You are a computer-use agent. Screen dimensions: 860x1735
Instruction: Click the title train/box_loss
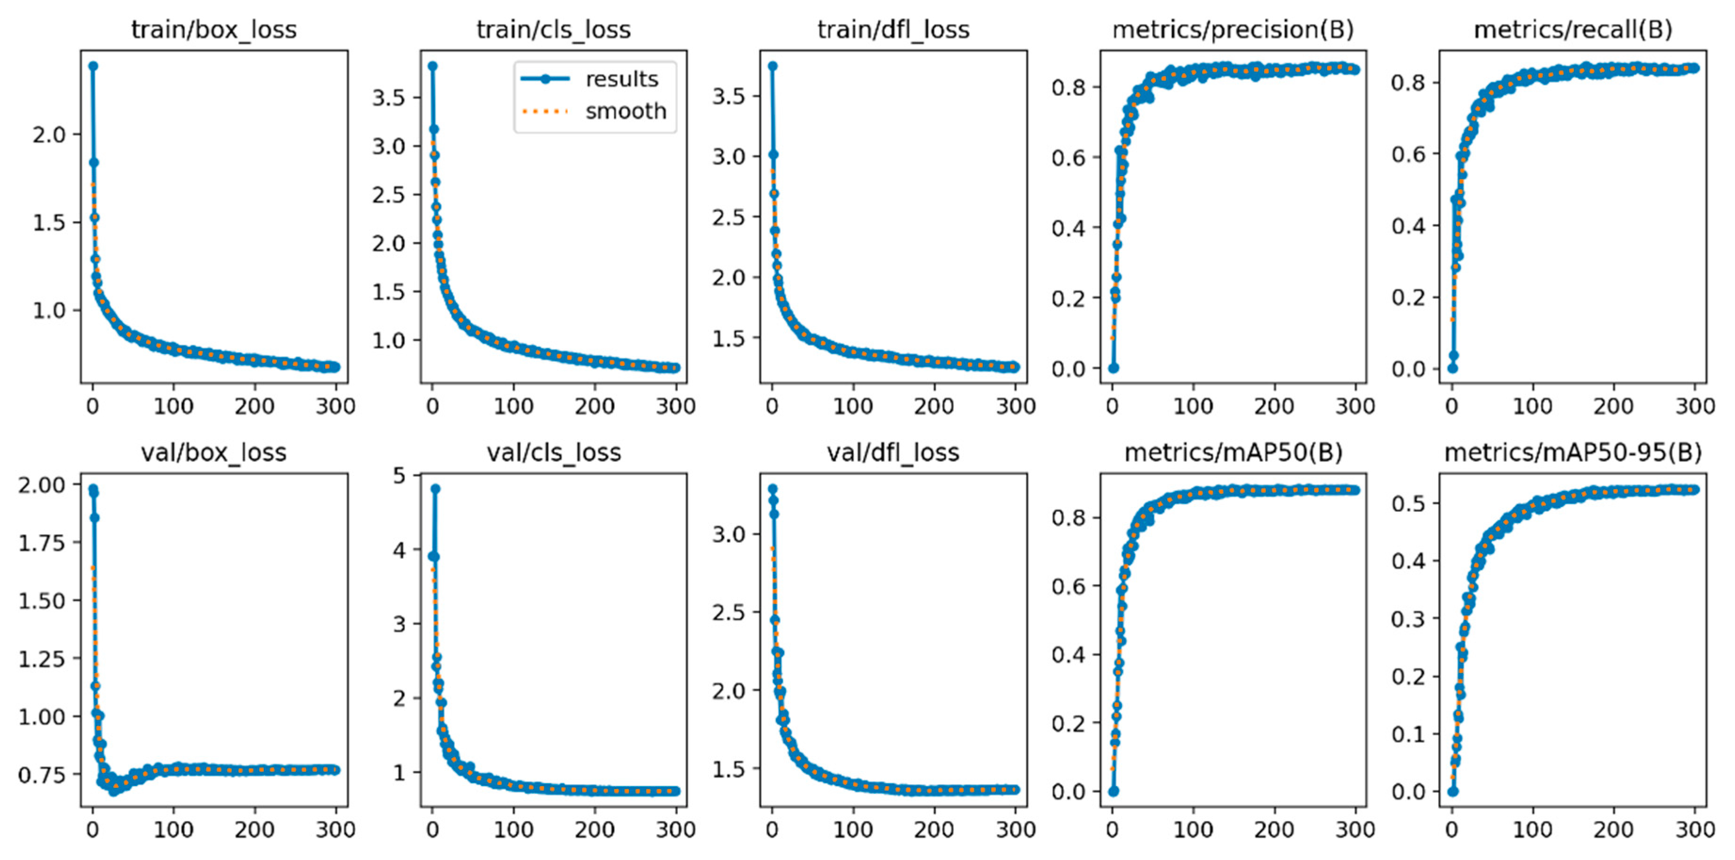[214, 30]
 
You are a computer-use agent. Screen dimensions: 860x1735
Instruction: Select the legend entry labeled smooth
[625, 111]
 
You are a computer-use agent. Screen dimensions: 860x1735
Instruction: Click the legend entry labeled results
[621, 79]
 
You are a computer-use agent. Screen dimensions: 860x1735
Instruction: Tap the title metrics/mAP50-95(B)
[1573, 452]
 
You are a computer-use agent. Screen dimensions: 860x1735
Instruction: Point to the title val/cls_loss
[554, 452]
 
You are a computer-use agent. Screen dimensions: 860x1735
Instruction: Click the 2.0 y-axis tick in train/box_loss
[49, 135]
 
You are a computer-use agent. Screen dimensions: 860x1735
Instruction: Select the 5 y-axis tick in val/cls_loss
[399, 476]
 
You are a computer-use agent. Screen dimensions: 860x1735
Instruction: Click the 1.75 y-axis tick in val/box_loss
[42, 543]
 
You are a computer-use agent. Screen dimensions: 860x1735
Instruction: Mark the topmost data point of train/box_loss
[94, 66]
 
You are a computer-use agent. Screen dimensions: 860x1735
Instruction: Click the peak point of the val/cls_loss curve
[436, 489]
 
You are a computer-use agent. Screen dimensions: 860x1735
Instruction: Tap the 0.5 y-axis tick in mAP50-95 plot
[1409, 503]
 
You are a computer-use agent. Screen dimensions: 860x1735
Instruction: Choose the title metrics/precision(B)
[1233, 30]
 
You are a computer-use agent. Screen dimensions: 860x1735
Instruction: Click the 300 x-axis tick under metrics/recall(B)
[1694, 406]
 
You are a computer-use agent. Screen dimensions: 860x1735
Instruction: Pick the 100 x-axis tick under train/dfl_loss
[853, 406]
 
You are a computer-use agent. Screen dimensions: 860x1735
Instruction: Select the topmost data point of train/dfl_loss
[772, 66]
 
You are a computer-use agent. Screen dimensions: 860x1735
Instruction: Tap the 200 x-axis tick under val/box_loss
[255, 829]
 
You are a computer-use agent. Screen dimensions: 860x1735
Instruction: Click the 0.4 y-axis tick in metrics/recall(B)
[1409, 226]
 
